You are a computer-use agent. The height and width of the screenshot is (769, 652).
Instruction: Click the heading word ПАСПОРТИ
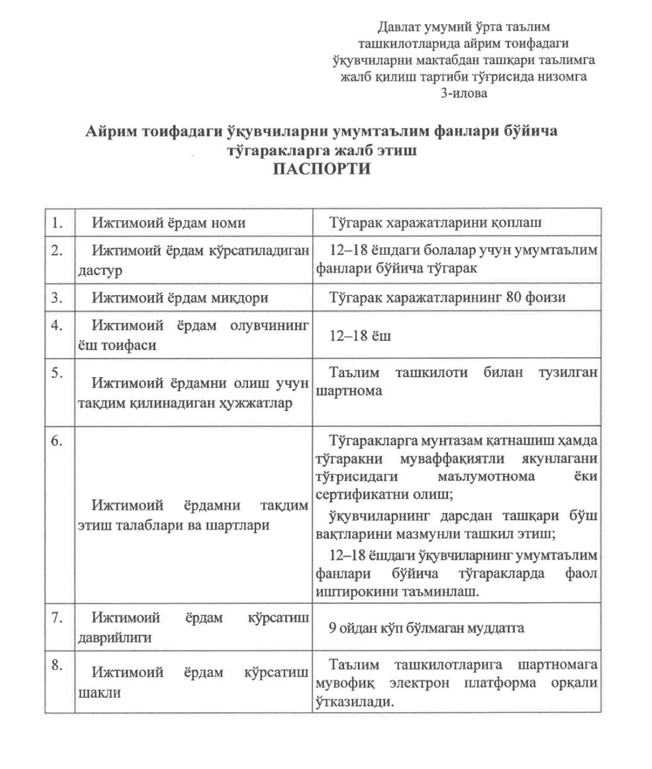tap(321, 168)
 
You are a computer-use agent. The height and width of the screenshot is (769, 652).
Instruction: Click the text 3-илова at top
tap(464, 93)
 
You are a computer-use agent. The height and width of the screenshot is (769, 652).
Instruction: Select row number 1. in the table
tap(58, 223)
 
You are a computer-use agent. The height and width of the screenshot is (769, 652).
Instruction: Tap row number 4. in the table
tap(58, 325)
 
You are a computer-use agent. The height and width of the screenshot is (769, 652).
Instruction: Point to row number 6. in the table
tap(58, 441)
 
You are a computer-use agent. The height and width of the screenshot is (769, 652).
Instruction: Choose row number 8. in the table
tap(58, 666)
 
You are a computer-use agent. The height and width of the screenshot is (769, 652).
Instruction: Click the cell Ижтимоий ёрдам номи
tap(168, 223)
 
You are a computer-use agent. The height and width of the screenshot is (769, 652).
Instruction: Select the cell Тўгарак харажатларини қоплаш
tap(435, 222)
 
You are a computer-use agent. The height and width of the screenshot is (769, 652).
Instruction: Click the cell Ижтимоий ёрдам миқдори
tap(180, 298)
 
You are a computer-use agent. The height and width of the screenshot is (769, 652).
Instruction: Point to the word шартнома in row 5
tap(349, 391)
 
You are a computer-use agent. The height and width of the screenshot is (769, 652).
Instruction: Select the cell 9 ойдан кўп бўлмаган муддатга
tap(426, 628)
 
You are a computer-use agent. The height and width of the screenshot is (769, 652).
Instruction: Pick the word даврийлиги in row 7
tap(115, 637)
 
